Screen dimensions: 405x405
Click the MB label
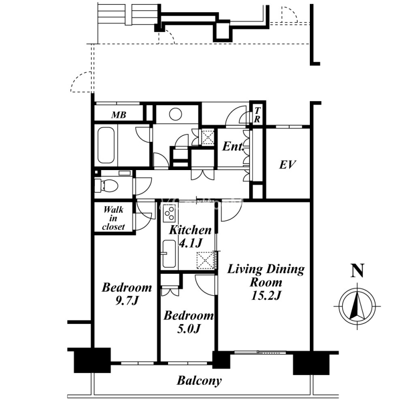[119, 115]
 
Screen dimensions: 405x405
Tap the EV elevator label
[288, 165]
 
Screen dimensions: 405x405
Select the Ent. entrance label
[233, 146]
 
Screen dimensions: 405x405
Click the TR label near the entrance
[257, 115]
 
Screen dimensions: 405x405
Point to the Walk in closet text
[113, 218]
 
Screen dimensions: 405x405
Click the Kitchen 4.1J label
[190, 236]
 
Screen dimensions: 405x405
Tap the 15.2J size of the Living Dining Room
[266, 296]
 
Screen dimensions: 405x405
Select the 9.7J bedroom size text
[127, 301]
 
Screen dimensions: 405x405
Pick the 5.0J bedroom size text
[189, 329]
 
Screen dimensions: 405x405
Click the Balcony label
[199, 381]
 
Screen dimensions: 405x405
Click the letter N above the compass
[357, 270]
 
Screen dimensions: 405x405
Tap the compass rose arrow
[357, 306]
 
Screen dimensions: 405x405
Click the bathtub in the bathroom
[106, 145]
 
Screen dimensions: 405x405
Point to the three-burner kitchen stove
[170, 214]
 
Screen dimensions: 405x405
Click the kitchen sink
[169, 254]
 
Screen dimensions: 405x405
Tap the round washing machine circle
[175, 114]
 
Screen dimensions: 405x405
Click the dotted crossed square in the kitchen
[206, 260]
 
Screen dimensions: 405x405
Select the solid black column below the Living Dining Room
[311, 364]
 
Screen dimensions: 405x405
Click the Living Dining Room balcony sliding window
[260, 352]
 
